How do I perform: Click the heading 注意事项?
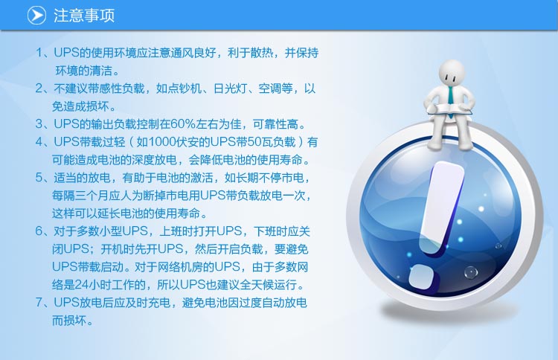point(84,16)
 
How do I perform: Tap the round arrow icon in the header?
point(36,16)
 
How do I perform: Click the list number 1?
point(39,53)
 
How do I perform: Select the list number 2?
point(39,89)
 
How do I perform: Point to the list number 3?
point(39,123)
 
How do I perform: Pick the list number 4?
point(39,141)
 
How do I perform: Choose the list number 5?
point(39,177)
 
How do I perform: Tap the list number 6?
point(39,231)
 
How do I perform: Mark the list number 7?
point(39,303)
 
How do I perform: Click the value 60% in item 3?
point(183,123)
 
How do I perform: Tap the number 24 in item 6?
point(81,285)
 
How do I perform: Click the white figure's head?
point(452,72)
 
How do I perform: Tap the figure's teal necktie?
point(451,100)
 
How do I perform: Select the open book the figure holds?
point(450,109)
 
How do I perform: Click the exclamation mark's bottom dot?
point(422,277)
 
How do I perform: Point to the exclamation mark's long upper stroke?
point(443,207)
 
